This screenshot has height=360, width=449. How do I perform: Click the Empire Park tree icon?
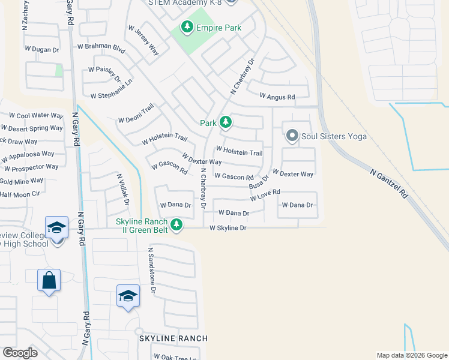(x=187, y=27)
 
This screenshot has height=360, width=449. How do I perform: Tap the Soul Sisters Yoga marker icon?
(x=292, y=136)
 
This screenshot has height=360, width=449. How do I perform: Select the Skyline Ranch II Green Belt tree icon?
(x=176, y=225)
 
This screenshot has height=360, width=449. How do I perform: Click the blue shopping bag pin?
(x=48, y=280)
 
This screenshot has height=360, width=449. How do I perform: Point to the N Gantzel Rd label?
(x=389, y=184)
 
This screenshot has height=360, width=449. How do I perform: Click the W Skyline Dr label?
(x=228, y=228)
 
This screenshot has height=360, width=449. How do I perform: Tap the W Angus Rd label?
(x=277, y=96)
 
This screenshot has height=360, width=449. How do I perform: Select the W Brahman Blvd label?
(x=101, y=46)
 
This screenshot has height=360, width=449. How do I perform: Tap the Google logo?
(x=20, y=353)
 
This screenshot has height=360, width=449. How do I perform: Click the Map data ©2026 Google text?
(x=412, y=355)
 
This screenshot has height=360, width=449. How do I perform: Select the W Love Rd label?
(x=265, y=195)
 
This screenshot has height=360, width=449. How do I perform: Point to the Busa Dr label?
(x=259, y=183)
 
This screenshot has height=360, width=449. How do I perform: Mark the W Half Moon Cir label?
(x=20, y=194)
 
